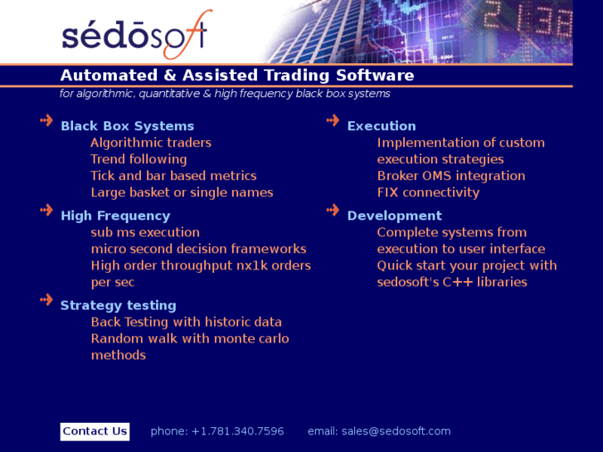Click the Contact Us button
point(95,431)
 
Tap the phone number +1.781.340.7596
point(237,431)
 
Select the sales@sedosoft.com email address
point(396,431)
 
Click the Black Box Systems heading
point(127,126)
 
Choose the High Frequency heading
point(115,216)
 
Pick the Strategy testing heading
point(118,305)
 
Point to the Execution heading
point(382,126)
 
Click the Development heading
point(394,216)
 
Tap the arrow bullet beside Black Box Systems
point(46,121)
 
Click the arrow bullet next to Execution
point(333,121)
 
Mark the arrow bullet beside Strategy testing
point(46,300)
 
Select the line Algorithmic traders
point(151,143)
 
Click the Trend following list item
point(139,159)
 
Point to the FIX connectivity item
point(428,192)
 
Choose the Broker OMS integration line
point(450,176)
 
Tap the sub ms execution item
point(145,232)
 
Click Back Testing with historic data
point(186,322)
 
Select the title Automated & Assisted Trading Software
point(237,75)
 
